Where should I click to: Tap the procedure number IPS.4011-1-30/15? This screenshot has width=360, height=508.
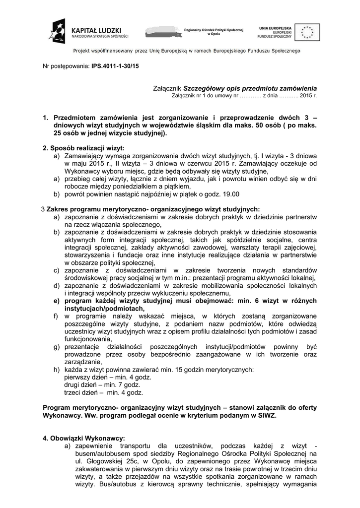click(x=115, y=65)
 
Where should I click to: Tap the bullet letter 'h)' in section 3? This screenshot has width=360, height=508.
click(x=57, y=370)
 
